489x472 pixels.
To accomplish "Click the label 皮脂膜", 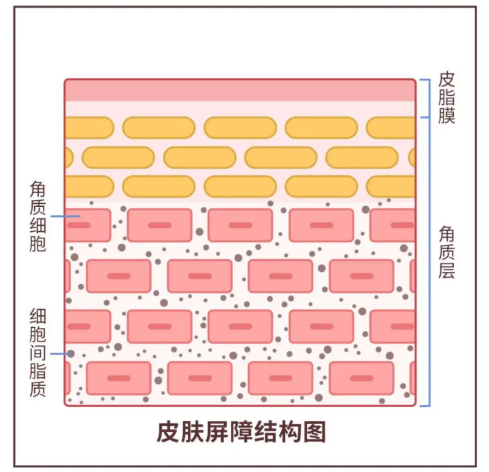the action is point(447,97).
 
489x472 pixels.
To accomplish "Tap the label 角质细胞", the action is point(38,216).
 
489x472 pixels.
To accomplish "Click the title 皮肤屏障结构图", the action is point(241,431).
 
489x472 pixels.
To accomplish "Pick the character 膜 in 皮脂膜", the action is point(447,114).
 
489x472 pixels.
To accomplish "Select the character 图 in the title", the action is point(314,431).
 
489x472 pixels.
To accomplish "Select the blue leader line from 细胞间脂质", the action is point(60,353).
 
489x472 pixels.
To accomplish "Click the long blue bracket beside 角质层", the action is point(427,262).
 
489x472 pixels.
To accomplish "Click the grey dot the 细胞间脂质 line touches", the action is point(71,353).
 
